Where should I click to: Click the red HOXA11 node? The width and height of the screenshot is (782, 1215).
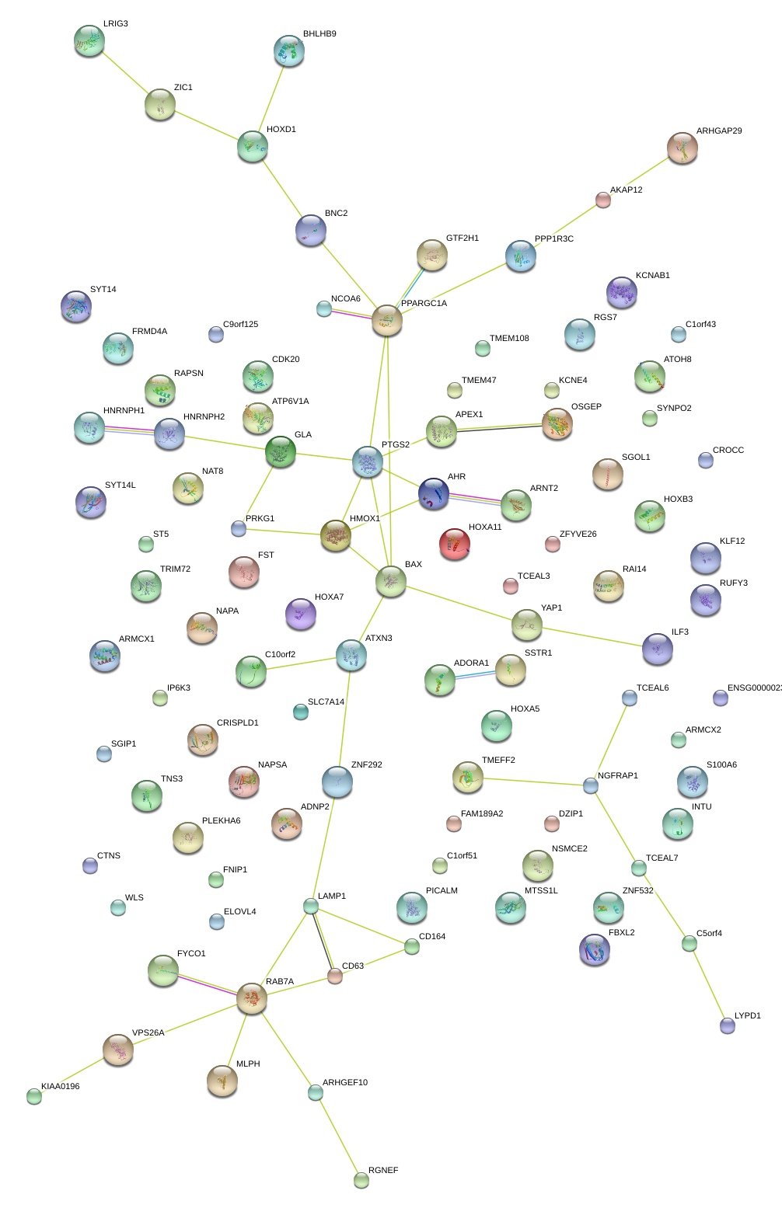coord(454,544)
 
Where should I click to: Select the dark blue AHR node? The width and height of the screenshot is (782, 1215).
coord(434,493)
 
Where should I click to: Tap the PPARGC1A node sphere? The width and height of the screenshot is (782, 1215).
coord(387,320)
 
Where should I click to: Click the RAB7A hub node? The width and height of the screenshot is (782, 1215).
coord(252,998)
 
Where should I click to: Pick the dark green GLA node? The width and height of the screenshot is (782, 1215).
coord(281,451)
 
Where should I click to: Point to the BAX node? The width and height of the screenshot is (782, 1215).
coord(391,581)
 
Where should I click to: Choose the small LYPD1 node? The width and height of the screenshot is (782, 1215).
coord(727,1025)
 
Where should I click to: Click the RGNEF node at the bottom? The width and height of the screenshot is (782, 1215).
coord(361,1180)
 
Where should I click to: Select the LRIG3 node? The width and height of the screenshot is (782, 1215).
coord(89,40)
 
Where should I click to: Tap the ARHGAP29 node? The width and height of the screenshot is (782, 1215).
coord(683,148)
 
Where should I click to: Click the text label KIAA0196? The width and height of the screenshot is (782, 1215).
coord(60,1086)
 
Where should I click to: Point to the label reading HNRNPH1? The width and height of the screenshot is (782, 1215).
coord(124,410)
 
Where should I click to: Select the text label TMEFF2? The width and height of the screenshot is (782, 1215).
coord(498,760)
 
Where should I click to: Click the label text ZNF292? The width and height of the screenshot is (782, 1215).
coord(366,764)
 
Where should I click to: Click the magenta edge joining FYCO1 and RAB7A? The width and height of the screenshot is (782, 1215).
coord(208,985)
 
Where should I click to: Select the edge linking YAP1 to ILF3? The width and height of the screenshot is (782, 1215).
coord(592,637)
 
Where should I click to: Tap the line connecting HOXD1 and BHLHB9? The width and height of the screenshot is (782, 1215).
coord(271,98)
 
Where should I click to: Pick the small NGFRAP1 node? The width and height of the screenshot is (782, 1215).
coord(591,785)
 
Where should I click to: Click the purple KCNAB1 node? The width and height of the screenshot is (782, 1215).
coord(621,292)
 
